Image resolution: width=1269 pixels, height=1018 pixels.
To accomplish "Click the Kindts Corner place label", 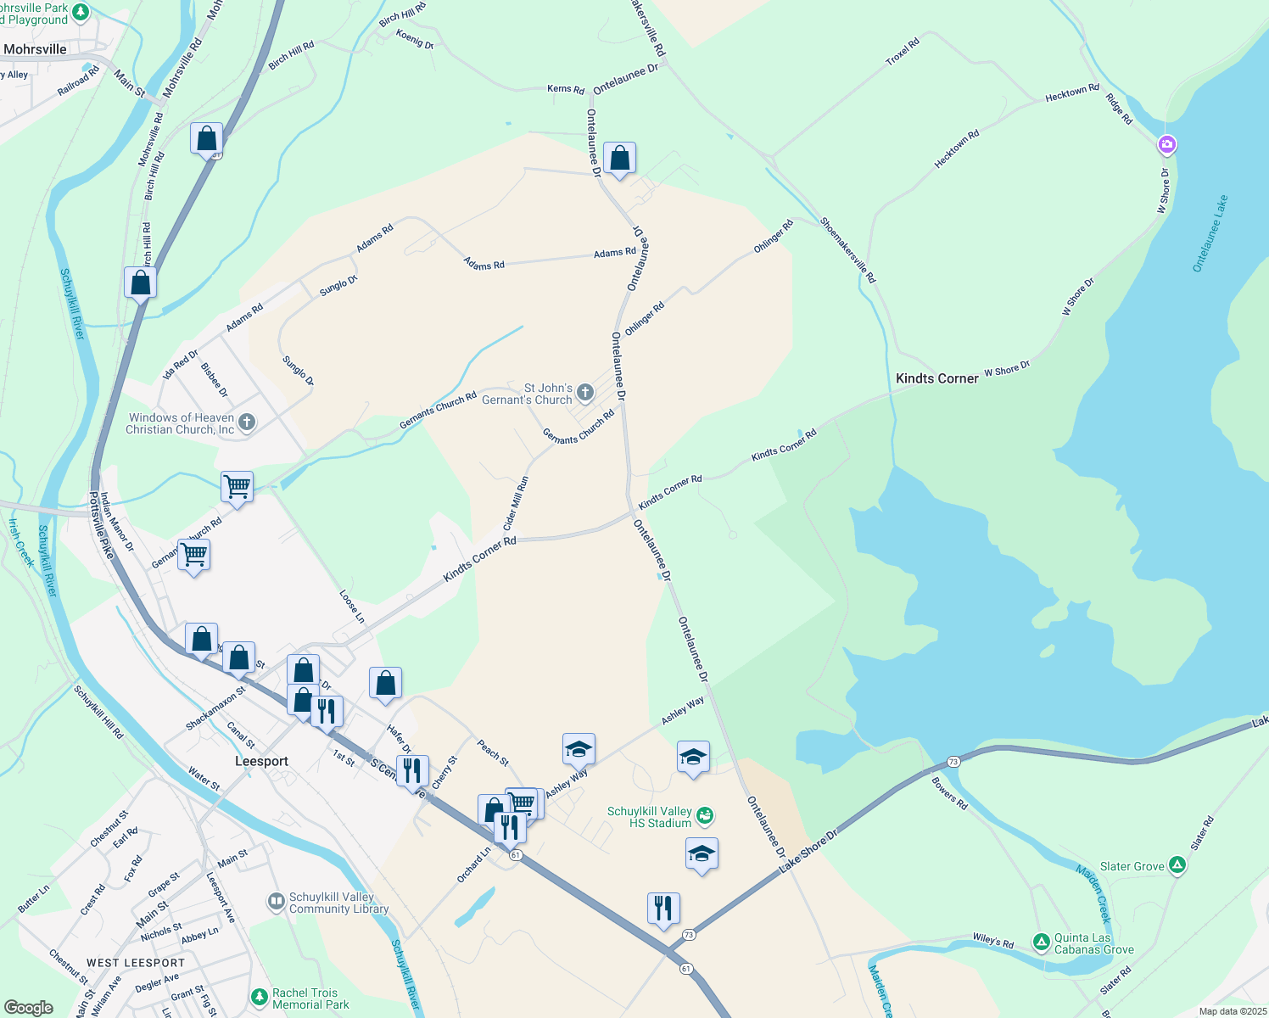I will [936, 378].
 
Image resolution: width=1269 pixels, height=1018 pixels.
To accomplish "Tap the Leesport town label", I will [261, 761].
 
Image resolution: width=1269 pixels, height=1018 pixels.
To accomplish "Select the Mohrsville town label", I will [35, 49].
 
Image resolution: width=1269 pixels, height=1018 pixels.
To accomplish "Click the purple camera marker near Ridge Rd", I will [1167, 145].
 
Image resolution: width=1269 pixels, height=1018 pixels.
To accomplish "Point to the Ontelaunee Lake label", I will [1210, 233].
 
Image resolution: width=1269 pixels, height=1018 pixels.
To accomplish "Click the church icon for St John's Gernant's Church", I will [584, 393].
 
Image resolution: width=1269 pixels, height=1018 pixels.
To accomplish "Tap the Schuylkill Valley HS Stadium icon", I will [705, 816].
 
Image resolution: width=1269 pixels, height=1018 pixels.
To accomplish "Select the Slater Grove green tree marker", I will [1177, 865].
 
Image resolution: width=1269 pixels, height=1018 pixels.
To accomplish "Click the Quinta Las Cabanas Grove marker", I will [1041, 942].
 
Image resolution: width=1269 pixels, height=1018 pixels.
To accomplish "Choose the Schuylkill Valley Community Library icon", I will [276, 902].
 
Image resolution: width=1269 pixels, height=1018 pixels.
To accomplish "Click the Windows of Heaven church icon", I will [247, 422].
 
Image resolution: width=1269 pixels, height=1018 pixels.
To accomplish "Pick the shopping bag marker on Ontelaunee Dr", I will [619, 158].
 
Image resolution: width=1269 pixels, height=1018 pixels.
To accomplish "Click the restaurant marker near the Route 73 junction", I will [663, 908].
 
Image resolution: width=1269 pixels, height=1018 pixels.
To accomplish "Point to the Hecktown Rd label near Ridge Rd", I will [1071, 92].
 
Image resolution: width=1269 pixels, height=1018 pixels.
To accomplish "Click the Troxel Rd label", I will [902, 53].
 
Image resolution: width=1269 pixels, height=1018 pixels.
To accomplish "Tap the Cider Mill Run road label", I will [516, 502].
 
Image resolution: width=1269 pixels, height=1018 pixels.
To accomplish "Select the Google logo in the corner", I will [29, 1007].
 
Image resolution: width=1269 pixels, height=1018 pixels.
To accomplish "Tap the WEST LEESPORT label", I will [136, 963].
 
